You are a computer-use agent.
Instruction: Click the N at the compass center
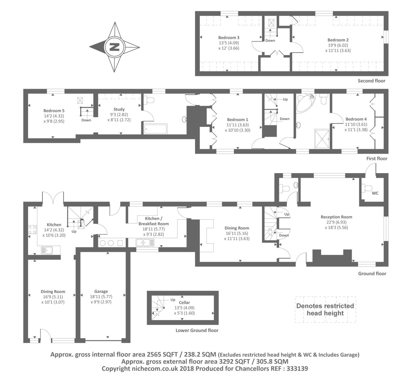point(114,47)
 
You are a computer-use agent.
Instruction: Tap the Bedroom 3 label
point(229,38)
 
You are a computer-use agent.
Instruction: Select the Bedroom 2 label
point(338,40)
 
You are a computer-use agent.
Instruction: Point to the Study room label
point(119,109)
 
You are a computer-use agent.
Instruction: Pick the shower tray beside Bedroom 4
point(322,139)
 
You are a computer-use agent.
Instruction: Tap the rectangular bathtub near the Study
point(156,129)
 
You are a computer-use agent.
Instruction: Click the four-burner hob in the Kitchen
point(32,230)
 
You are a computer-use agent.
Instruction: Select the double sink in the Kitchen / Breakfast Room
point(145,242)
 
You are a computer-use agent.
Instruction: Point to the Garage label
point(101,291)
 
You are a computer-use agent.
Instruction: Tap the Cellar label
point(184,302)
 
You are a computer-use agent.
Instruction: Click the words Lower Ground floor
point(197,330)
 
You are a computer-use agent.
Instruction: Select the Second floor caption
point(371,81)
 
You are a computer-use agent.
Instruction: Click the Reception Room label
point(336,217)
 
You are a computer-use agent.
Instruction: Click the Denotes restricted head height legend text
point(325,309)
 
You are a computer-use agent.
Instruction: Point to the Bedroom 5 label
point(54,111)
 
